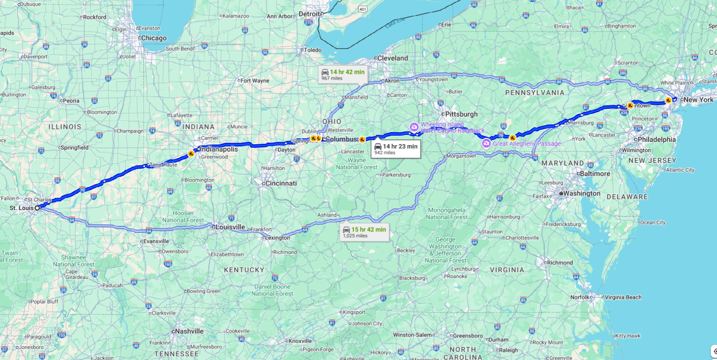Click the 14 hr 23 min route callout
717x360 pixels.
[396, 149]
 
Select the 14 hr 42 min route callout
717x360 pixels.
[343, 75]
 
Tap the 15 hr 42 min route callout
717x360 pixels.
[364, 232]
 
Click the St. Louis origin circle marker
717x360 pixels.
[37, 208]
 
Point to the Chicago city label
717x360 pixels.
[154, 38]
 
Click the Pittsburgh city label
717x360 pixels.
[461, 114]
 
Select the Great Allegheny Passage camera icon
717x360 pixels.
[486, 144]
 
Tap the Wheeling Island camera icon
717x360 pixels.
[414, 127]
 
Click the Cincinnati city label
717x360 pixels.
[281, 183]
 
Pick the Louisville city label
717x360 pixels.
[230, 227]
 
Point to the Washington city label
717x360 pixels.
[582, 193]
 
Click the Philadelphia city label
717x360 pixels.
[656, 140]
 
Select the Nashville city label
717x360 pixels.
[189, 331]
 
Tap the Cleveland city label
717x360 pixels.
[393, 58]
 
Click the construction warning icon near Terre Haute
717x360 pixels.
[191, 154]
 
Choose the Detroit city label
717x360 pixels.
[309, 14]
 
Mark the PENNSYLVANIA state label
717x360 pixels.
[535, 93]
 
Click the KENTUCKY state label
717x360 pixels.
[244, 270]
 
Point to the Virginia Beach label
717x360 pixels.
[623, 297]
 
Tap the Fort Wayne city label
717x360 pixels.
[255, 81]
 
